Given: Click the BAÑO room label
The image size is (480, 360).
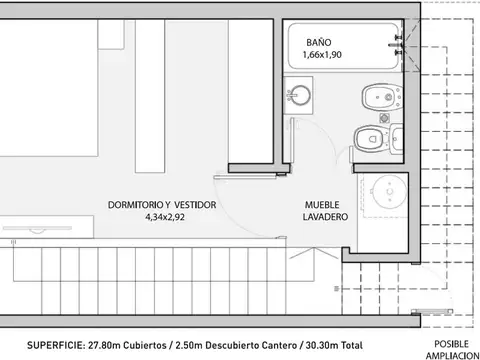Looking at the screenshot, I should [x=318, y=43].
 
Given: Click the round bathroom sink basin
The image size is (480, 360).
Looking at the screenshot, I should [x=297, y=95].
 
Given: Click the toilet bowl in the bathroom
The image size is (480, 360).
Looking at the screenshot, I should [x=370, y=137].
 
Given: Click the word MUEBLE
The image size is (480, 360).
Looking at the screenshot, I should [x=325, y=204].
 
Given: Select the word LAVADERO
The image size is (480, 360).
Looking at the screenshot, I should [x=325, y=216].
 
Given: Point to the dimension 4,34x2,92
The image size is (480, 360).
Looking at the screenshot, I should [x=166, y=216].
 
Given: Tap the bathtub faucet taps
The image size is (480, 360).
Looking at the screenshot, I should [x=399, y=40].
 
